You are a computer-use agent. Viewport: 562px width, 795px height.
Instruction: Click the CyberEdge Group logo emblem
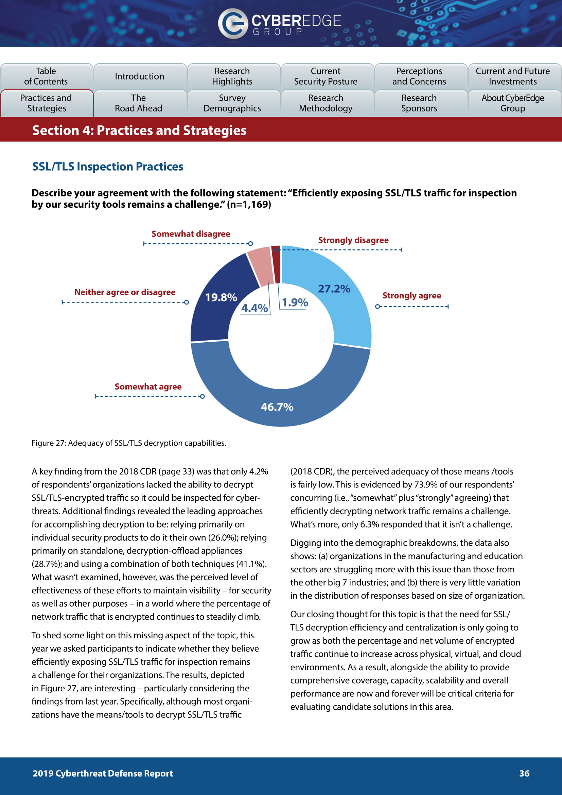point(232,23)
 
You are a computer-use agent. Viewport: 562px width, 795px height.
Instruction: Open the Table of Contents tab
point(46,76)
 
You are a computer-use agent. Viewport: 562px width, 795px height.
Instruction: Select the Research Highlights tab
point(232,76)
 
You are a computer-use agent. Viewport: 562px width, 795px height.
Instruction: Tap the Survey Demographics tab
point(232,103)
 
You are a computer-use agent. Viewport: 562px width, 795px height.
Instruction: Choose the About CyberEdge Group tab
point(512,103)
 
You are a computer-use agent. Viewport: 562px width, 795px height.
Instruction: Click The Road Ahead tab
point(138,103)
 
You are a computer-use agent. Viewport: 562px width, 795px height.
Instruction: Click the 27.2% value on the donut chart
point(334,289)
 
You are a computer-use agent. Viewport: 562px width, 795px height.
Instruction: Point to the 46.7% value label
point(277,407)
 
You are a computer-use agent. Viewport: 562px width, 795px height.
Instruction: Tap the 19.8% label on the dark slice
point(221,297)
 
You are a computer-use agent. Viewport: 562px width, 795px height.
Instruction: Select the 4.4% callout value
point(254,308)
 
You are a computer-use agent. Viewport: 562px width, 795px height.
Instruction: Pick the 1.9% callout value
point(295,303)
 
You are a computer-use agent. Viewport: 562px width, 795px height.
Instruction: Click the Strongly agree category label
point(411,296)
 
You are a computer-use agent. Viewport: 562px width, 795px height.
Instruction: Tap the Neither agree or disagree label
point(125,292)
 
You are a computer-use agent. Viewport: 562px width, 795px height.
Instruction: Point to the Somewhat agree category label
point(148,387)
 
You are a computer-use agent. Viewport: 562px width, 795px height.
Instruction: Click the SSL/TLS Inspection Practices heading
point(108,167)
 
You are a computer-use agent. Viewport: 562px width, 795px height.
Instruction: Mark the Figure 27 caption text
point(129,443)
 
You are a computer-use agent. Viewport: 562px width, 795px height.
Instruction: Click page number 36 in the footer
point(524,774)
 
